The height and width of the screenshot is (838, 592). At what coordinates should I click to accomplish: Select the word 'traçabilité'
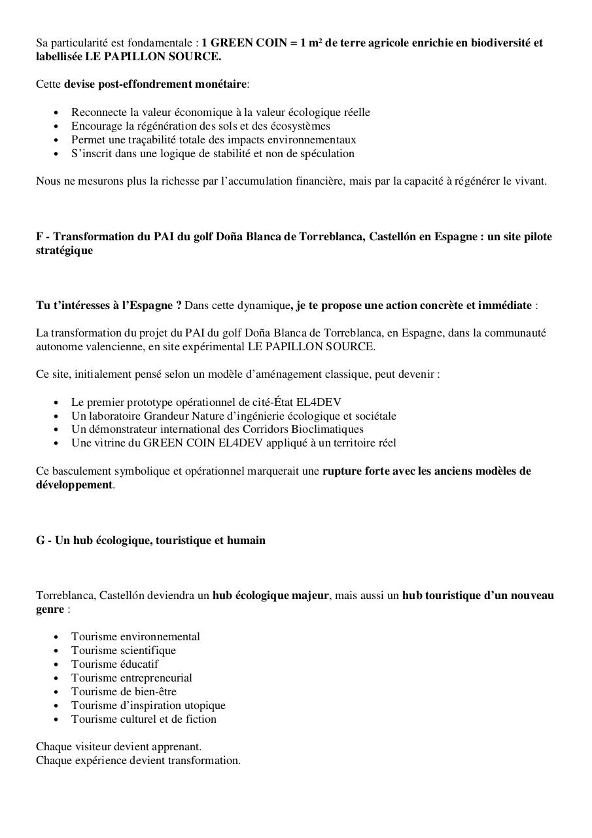pyautogui.click(x=165, y=140)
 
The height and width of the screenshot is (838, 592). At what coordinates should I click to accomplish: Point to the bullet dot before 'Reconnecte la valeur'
pyautogui.click(x=56, y=113)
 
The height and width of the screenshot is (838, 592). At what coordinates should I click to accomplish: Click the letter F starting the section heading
pyautogui.click(x=39, y=237)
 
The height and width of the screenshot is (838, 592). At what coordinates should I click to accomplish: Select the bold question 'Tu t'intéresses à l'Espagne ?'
pyautogui.click(x=109, y=306)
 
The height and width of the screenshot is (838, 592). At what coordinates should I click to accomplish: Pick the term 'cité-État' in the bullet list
pyautogui.click(x=290, y=402)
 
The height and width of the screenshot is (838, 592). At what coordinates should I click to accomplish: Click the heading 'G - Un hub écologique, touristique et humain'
pyautogui.click(x=150, y=541)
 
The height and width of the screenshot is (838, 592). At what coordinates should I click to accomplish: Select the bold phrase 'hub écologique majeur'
pyautogui.click(x=270, y=596)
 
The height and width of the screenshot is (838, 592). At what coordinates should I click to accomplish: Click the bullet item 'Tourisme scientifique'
pyautogui.click(x=124, y=651)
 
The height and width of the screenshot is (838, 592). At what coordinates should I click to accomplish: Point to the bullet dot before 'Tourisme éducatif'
pyautogui.click(x=56, y=665)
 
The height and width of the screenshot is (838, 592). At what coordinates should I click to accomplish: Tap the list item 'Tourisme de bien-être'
pyautogui.click(x=124, y=692)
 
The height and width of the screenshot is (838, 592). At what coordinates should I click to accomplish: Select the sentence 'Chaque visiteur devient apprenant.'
pyautogui.click(x=118, y=747)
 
